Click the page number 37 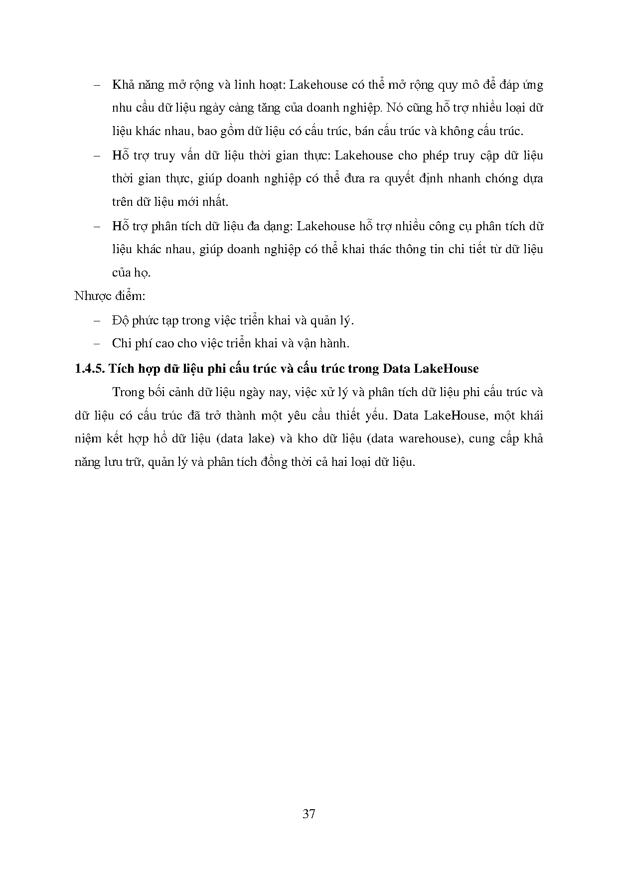click(x=309, y=814)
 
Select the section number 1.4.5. click(x=89, y=368)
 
